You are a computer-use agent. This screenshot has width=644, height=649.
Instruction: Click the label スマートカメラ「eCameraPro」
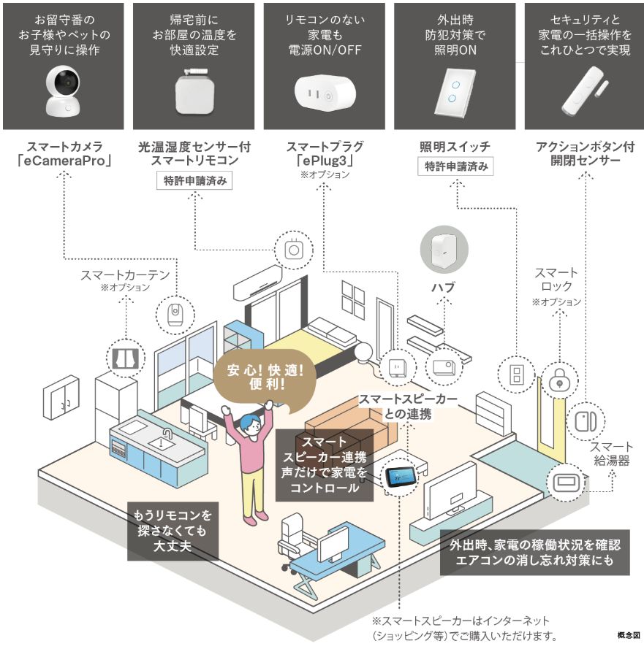64,154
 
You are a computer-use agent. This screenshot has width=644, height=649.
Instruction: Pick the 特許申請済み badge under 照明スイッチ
455,166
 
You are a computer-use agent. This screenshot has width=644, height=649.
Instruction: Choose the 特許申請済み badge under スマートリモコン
194,180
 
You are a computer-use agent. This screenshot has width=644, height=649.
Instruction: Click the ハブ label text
444,288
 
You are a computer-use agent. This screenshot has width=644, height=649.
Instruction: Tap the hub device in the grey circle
444,249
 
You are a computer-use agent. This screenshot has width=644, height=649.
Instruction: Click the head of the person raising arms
249,424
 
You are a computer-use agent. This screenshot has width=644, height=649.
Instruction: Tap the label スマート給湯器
611,454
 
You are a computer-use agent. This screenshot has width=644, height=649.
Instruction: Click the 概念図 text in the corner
627,637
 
